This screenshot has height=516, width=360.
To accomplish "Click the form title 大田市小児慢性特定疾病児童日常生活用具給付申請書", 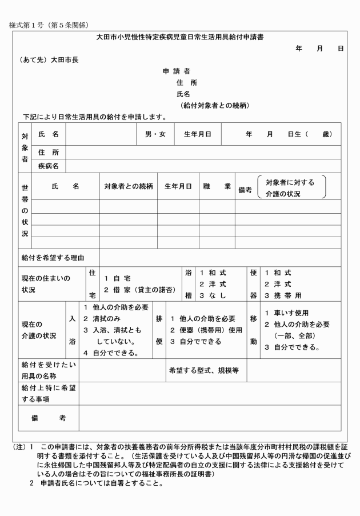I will pyautogui.click(x=179, y=37).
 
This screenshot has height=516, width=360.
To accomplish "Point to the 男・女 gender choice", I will pyautogui.click(x=155, y=134).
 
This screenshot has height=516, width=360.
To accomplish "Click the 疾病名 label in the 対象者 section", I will pyautogui.click(x=49, y=166).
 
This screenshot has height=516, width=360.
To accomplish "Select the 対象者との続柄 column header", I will pyautogui.click(x=128, y=186).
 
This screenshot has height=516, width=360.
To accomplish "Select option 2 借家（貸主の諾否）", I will pyautogui.click(x=139, y=290).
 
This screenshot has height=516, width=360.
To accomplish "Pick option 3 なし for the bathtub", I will pyautogui.click(x=213, y=295).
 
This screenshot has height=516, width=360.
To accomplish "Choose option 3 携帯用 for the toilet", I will pyautogui.click(x=282, y=295).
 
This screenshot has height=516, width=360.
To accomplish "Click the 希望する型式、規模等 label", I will pyautogui.click(x=203, y=370).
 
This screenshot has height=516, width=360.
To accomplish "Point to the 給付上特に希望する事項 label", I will pyautogui.click(x=49, y=393).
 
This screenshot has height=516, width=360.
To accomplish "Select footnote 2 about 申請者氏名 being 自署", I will pyautogui.click(x=97, y=483).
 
